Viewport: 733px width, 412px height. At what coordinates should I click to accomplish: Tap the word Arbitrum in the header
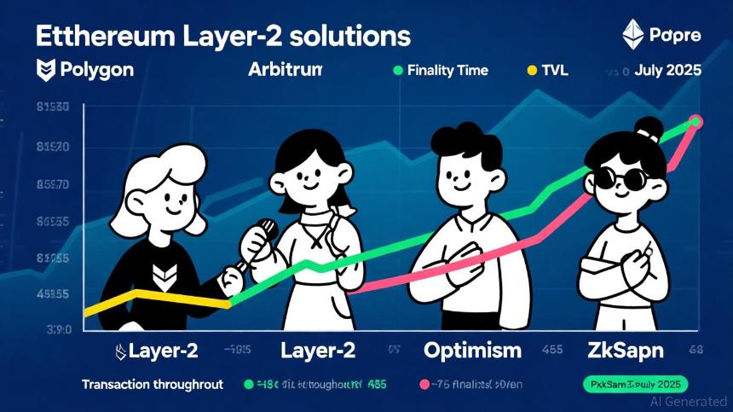(285, 70)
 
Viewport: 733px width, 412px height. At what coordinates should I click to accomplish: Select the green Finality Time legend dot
(397, 70)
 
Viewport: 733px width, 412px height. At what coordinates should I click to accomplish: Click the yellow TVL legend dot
(533, 70)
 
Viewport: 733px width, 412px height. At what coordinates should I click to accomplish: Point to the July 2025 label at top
(668, 70)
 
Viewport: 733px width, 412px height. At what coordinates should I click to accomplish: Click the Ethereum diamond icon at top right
(632, 35)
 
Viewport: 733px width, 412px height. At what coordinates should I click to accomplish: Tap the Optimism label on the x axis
(472, 350)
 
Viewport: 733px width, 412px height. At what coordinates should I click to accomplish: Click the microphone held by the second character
(265, 231)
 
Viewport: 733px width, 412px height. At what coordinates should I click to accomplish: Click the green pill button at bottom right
(634, 385)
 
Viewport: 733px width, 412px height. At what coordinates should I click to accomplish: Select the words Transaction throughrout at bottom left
(153, 385)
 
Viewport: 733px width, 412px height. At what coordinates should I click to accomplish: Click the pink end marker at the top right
(695, 121)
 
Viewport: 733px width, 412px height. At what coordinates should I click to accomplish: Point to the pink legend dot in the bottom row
(423, 385)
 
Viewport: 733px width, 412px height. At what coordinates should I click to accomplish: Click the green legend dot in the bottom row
(250, 385)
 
